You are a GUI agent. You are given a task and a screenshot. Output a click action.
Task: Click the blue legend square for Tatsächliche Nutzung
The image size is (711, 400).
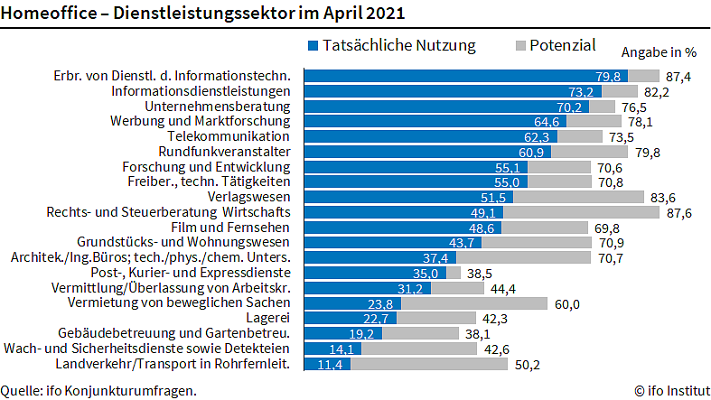point(313,45)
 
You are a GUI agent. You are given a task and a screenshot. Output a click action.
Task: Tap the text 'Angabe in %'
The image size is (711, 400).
point(659,52)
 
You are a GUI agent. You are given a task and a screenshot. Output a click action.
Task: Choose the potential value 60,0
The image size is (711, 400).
point(566,303)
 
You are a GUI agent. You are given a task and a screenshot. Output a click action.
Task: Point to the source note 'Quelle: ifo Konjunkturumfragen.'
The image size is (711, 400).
point(98,391)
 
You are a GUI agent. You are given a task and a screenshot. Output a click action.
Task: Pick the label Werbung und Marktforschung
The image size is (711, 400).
point(200,122)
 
